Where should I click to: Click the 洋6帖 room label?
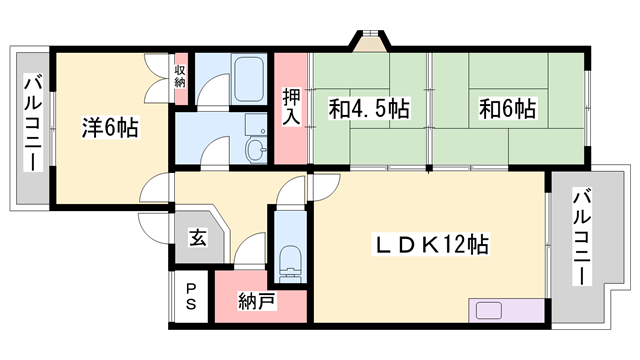coord(110,127)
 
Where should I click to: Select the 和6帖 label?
coord(506,108)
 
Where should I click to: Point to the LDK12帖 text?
coord(431,243)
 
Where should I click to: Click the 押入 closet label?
coord(291,108)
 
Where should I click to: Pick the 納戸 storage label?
coord(257,301)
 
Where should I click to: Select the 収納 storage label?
coord(180,75)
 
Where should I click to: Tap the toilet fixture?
coord(289,258)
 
